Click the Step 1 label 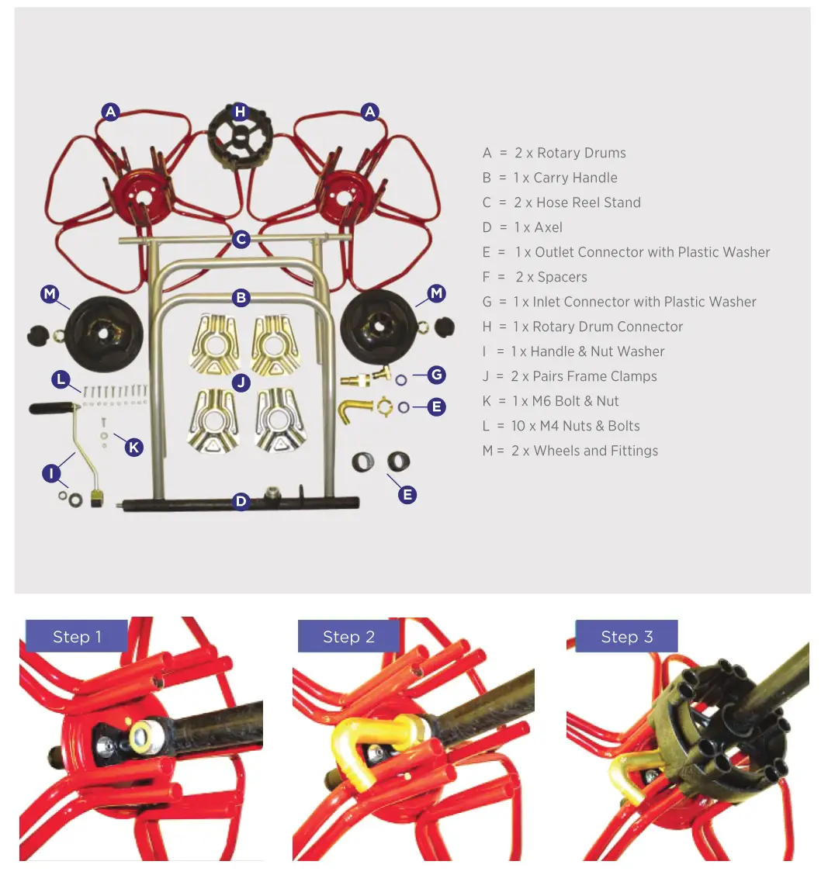pos(76,637)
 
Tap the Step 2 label pos(348,637)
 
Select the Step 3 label pos(626,637)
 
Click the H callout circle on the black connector pos(241,112)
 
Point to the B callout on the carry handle pos(241,297)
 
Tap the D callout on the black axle pos(241,501)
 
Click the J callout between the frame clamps pos(241,382)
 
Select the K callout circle pos(134,447)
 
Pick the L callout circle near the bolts pos(61,379)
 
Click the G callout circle pos(437,375)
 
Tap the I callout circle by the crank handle pos(51,472)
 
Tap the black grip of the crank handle pos(51,407)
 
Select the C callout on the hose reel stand pos(241,239)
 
